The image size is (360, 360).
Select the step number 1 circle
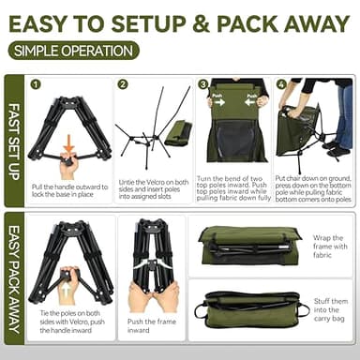pos(37,84)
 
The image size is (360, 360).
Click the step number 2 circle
pos(123,84)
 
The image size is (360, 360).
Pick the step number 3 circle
pos(203,84)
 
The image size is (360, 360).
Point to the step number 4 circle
pos(280,84)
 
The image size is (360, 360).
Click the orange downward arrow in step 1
pos(69,143)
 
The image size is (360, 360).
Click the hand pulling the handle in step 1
pos(67,167)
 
